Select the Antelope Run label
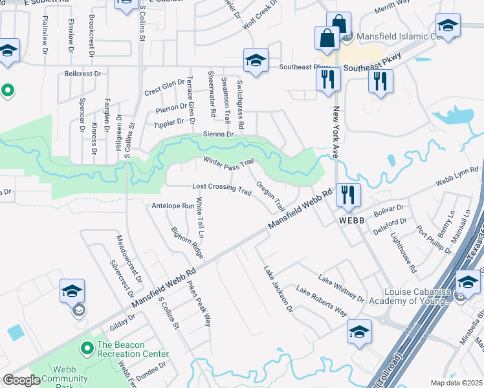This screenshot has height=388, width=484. pos(173,206)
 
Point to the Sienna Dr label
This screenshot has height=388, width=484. pos(218,134)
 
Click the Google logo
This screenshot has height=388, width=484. pos(21,380)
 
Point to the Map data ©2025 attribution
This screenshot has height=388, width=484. pos(456,383)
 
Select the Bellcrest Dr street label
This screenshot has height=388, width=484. pos(83,74)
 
